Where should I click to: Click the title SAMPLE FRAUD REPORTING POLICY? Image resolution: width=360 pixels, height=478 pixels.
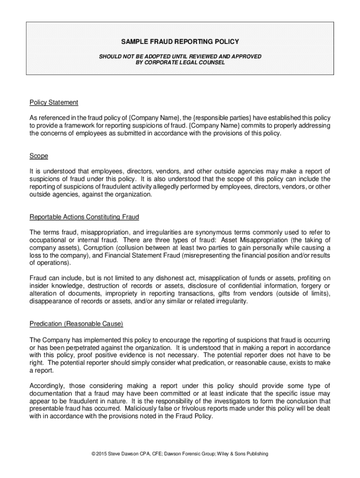pos(180,42)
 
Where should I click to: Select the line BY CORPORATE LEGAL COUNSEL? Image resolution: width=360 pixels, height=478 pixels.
pos(180,62)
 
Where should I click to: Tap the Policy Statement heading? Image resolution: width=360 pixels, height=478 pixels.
pos(54,102)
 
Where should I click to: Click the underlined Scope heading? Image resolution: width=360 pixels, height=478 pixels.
pos(39,156)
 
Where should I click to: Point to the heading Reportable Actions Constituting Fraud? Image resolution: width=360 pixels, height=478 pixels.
pos(84,217)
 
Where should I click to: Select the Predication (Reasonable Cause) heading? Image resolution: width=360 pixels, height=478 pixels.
pos(76,323)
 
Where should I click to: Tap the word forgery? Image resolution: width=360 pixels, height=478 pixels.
pos(309,286)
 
